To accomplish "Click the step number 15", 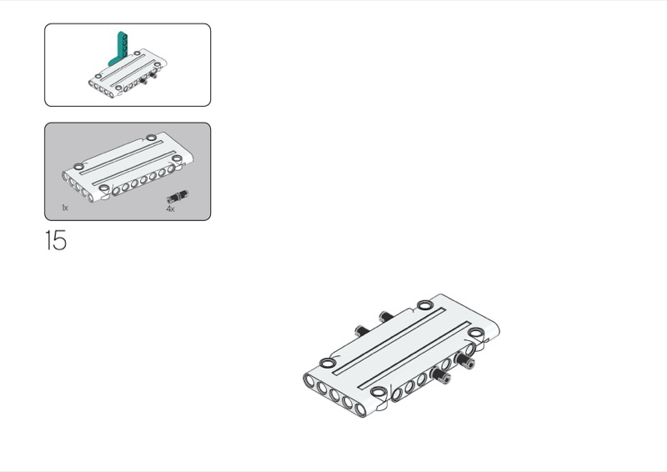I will tap(55, 242).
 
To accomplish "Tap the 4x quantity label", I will tap(170, 209).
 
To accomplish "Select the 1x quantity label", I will tap(64, 207).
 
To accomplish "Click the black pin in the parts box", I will tap(177, 197).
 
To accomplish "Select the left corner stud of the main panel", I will tap(327, 364).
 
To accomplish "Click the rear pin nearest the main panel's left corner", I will tap(359, 329).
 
